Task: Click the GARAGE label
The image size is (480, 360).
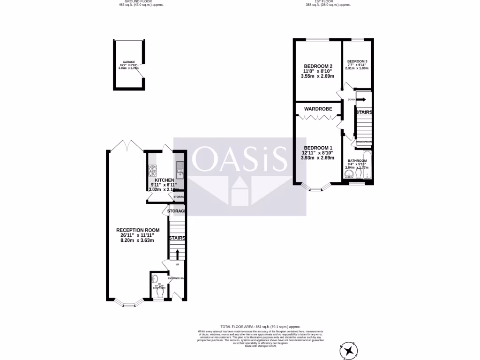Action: point(129,62)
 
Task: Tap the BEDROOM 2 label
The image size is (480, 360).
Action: point(318,66)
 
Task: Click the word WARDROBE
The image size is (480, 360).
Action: point(318,109)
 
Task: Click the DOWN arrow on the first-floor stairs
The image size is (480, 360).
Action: point(361,99)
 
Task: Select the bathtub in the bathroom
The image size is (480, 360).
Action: point(367,165)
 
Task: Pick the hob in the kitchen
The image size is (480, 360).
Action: point(153,170)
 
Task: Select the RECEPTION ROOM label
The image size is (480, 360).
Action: point(138,230)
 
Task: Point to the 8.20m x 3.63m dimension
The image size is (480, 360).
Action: point(138,240)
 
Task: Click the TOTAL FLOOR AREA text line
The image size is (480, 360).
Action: point(260,326)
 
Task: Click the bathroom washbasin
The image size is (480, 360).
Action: point(348,174)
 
